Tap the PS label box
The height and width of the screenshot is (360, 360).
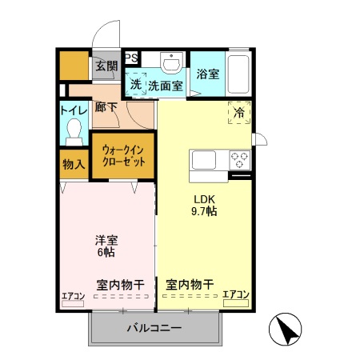click(x=130, y=57)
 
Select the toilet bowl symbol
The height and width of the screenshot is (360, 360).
click(x=74, y=130)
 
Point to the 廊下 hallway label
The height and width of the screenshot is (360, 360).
click(x=106, y=106)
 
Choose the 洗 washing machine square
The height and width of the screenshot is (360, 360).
click(x=135, y=83)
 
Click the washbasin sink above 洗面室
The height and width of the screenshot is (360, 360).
click(x=170, y=62)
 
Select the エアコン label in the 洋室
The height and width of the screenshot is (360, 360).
click(x=73, y=297)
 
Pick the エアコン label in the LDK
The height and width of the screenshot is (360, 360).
click(x=236, y=295)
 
